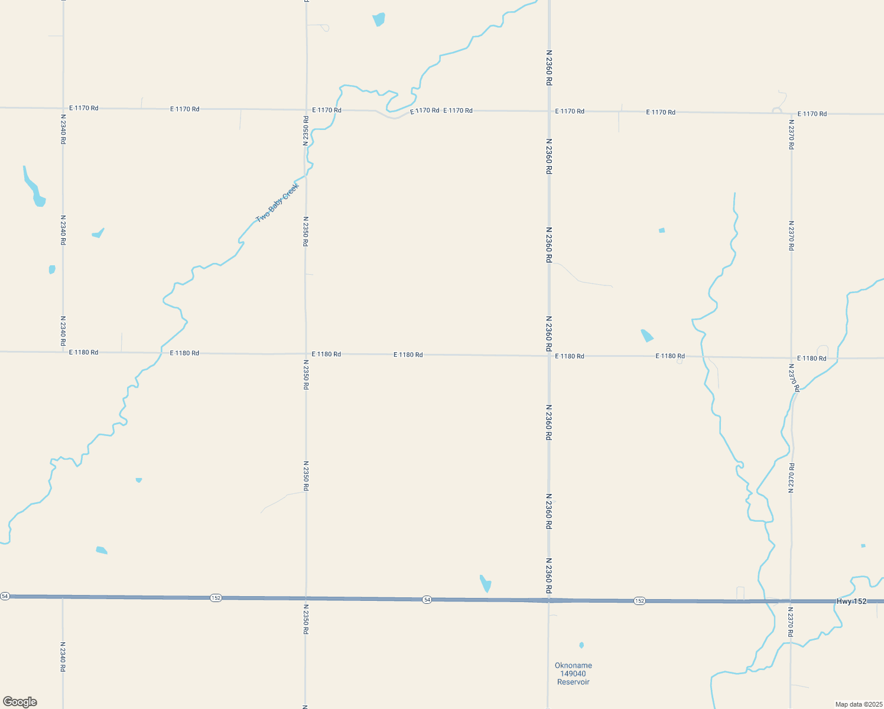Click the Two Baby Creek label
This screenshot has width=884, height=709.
(278, 203)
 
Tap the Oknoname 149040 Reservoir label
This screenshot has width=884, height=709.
(573, 674)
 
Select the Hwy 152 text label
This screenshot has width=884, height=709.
(851, 601)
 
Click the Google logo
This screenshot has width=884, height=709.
(19, 702)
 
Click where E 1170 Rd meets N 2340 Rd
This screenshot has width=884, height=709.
(63, 108)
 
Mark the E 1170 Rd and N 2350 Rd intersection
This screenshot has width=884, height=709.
(306, 109)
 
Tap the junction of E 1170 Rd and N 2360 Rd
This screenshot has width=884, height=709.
(549, 111)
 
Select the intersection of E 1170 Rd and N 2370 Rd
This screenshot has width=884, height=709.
(791, 113)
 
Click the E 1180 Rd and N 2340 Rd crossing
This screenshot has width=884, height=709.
(63, 352)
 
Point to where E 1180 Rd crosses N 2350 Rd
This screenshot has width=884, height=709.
(306, 354)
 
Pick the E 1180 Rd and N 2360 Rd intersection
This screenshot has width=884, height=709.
(549, 356)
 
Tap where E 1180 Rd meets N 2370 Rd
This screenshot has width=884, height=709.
(792, 357)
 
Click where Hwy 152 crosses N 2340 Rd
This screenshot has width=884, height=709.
(63, 597)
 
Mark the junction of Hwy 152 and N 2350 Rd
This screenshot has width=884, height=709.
(306, 599)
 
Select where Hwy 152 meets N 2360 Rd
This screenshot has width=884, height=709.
(549, 600)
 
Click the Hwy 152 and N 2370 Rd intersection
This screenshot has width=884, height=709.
(791, 601)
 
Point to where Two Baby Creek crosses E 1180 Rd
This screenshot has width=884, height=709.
(161, 353)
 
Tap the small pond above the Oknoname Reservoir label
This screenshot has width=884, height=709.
(581, 645)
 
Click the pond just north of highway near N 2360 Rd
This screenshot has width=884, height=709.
(486, 583)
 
